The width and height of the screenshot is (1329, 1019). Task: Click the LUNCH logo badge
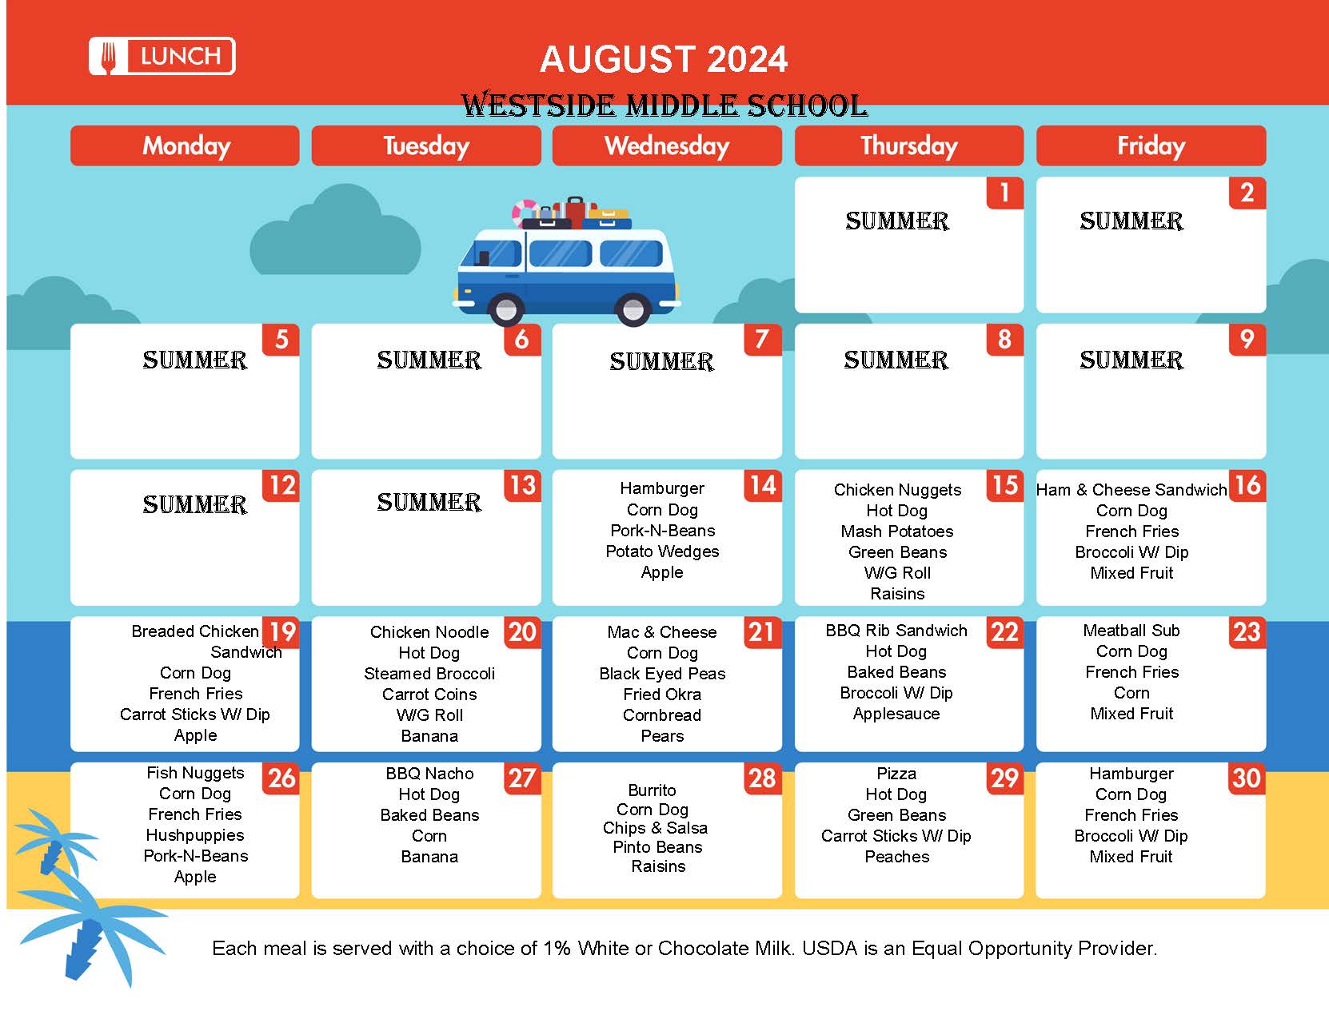pos(162,56)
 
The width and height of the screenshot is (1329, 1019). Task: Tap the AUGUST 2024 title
pos(664,59)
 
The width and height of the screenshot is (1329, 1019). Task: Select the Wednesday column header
pos(667,145)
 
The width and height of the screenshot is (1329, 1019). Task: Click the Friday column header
pos(1151,145)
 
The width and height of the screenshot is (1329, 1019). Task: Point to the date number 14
pos(763,485)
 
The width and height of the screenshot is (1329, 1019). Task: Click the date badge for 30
pos(1247,778)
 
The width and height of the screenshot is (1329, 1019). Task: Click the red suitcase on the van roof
pos(575,212)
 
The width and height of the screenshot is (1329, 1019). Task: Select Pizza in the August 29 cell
pos(896,774)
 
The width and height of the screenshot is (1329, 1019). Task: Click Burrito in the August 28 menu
pos(652,790)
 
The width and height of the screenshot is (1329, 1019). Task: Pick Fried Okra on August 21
pos(662,694)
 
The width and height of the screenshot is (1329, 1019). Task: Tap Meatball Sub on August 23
pos(1131,631)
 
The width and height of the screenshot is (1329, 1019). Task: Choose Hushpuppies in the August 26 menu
pos(195,835)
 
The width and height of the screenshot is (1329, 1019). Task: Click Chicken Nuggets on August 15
pos(897,490)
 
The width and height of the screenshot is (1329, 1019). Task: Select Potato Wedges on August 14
pos(662,551)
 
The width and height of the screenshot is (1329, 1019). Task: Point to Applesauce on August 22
pos(896,714)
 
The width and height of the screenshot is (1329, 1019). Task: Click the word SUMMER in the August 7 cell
pos(661,361)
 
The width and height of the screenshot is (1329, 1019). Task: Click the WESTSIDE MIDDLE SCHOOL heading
pos(664,105)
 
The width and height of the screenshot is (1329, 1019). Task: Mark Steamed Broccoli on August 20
pos(429,673)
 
